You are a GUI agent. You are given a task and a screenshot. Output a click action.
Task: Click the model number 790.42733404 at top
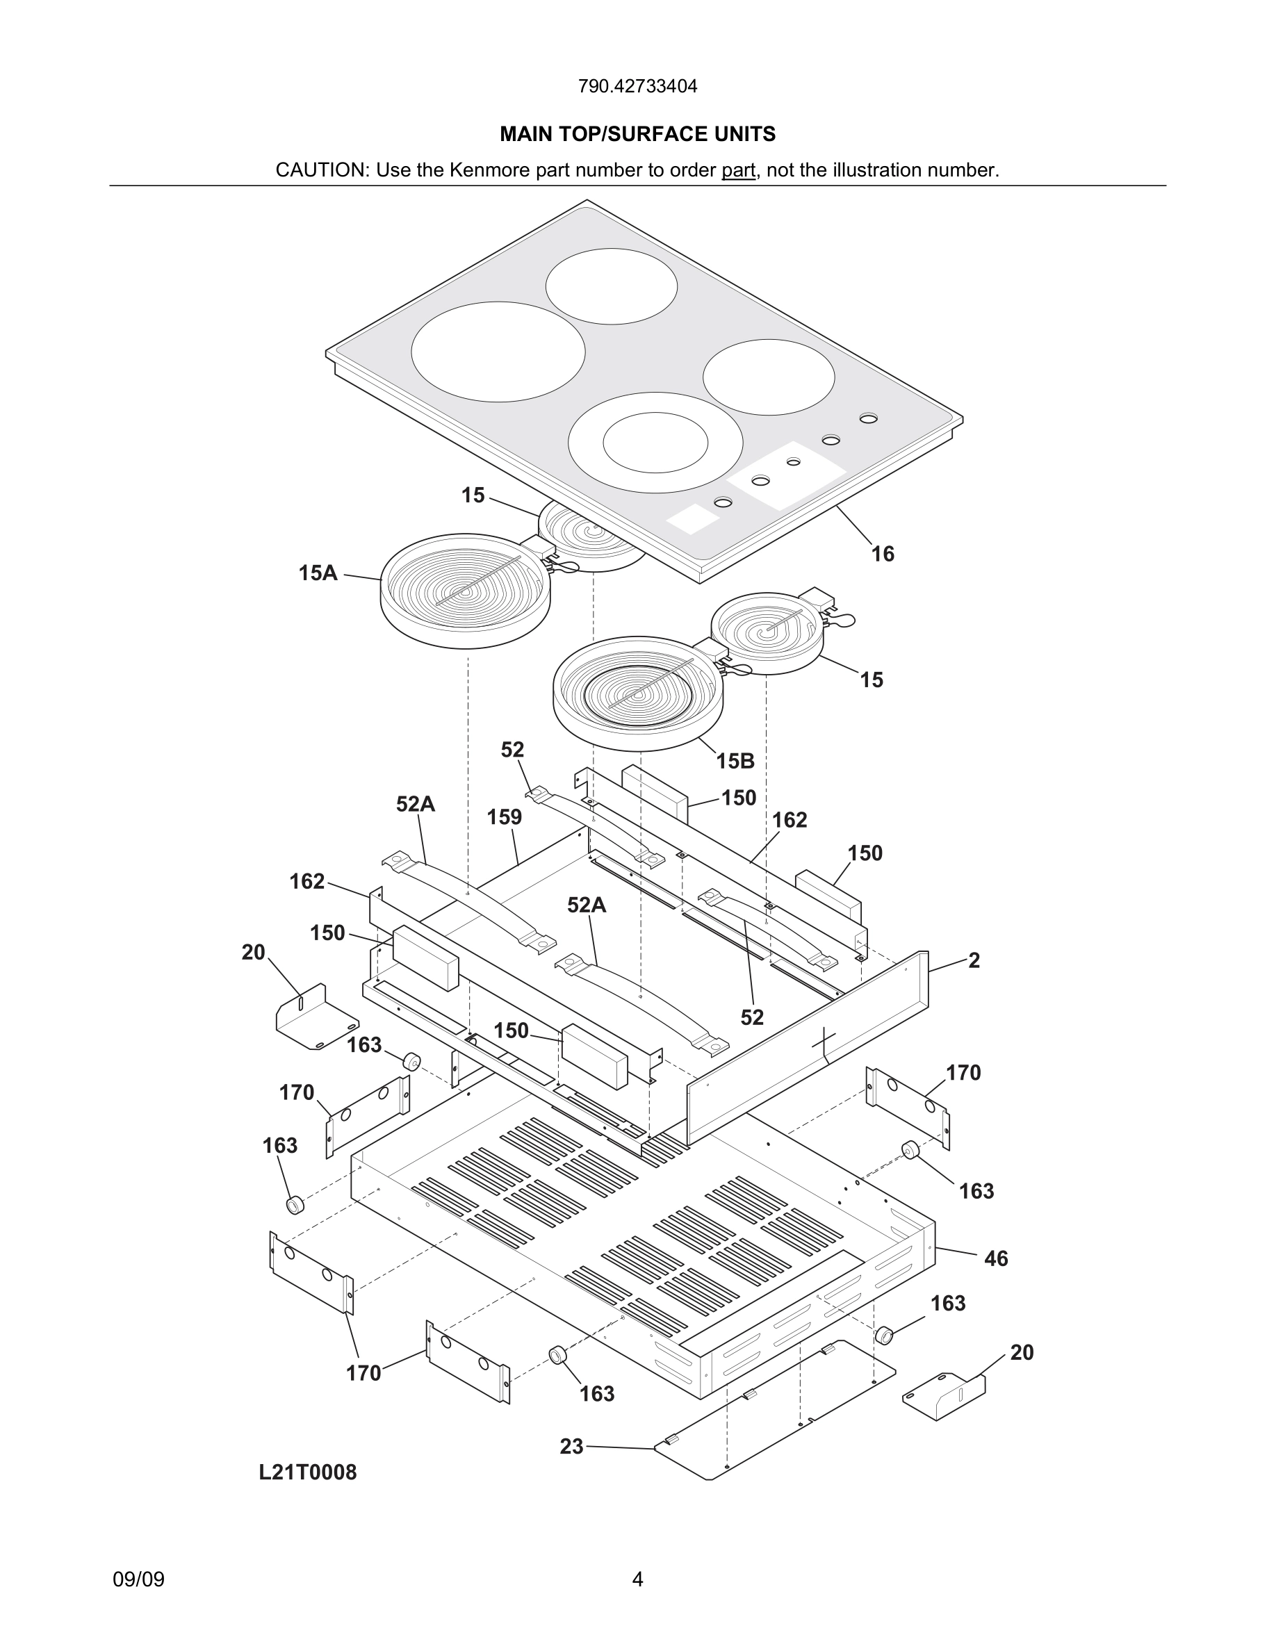tap(637, 86)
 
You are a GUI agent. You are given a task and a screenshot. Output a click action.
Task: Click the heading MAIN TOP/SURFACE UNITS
tap(637, 134)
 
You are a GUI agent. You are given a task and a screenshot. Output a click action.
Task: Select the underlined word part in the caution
tap(738, 170)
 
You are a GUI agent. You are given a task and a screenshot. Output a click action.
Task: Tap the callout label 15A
tap(318, 573)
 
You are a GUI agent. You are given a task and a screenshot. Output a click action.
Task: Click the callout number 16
tap(882, 554)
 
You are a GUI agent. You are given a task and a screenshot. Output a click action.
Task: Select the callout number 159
tap(504, 817)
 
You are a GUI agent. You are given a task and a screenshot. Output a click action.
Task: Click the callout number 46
tap(995, 1258)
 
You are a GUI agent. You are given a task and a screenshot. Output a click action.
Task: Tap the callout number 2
tap(974, 960)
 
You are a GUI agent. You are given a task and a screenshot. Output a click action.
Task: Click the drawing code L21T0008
tap(308, 1472)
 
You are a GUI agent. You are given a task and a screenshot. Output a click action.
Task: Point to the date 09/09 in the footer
tap(138, 1579)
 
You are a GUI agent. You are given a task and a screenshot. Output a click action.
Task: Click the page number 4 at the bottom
tap(637, 1579)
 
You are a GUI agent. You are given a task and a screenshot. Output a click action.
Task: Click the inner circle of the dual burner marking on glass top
tap(655, 443)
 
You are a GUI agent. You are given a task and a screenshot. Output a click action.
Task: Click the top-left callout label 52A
tap(415, 805)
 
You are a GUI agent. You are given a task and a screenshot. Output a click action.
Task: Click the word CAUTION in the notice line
tap(320, 170)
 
